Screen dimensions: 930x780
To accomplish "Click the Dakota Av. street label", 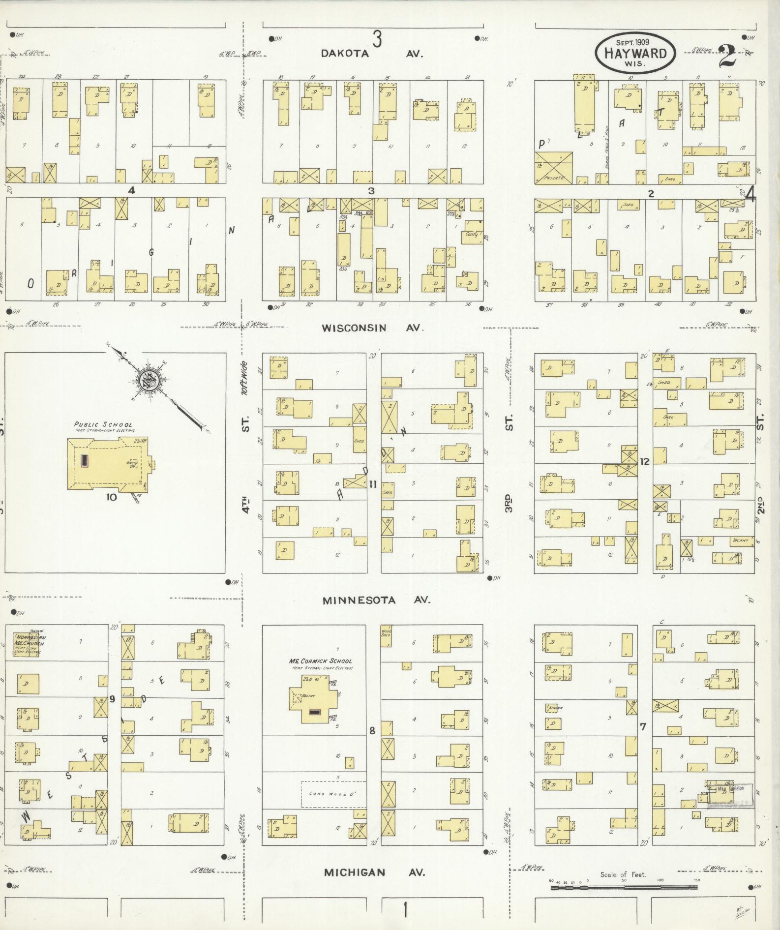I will click(371, 54).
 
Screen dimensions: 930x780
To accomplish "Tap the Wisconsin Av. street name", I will click(372, 328).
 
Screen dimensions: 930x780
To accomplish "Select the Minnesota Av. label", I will click(377, 600).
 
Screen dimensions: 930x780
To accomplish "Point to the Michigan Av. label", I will click(374, 872).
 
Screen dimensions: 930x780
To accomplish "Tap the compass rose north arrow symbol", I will click(148, 379).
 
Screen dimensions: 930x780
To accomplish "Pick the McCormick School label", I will click(320, 661).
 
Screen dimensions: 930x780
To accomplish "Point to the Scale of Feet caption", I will click(623, 875).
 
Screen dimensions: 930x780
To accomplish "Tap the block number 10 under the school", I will click(111, 497).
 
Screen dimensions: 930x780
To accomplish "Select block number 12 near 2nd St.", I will click(645, 461).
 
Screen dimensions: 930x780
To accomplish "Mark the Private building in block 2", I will click(554, 169).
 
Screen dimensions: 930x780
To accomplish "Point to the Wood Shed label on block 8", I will click(387, 632).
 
